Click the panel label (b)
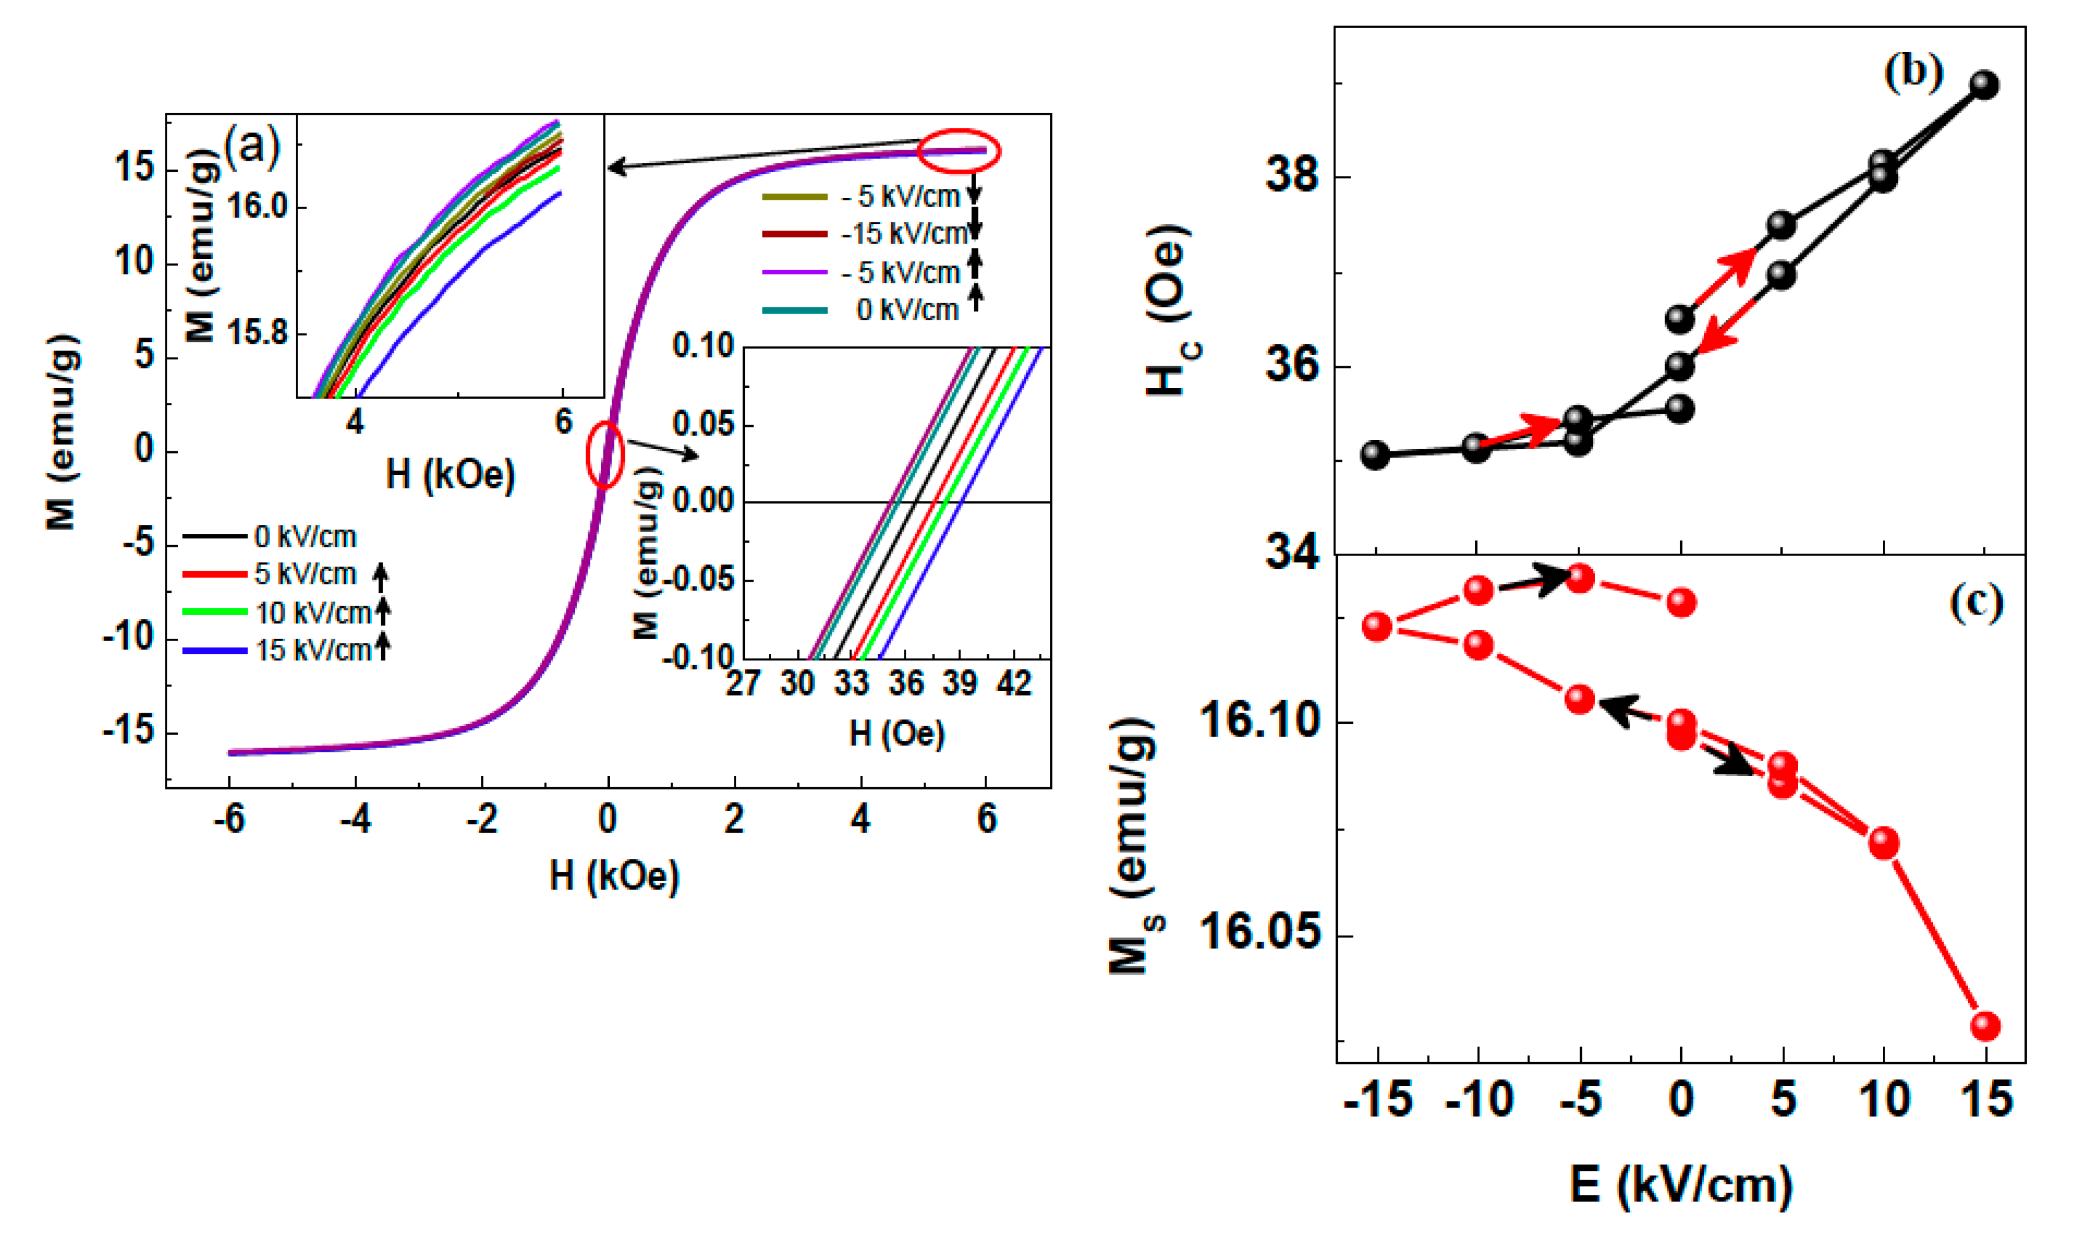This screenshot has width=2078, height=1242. [1912, 73]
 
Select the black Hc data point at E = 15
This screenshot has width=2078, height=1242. [1984, 84]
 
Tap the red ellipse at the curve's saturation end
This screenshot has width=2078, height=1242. [958, 151]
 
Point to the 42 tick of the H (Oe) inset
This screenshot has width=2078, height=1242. [1013, 685]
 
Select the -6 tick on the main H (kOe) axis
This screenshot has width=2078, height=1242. [228, 819]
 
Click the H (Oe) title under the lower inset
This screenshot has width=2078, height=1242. [896, 734]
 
